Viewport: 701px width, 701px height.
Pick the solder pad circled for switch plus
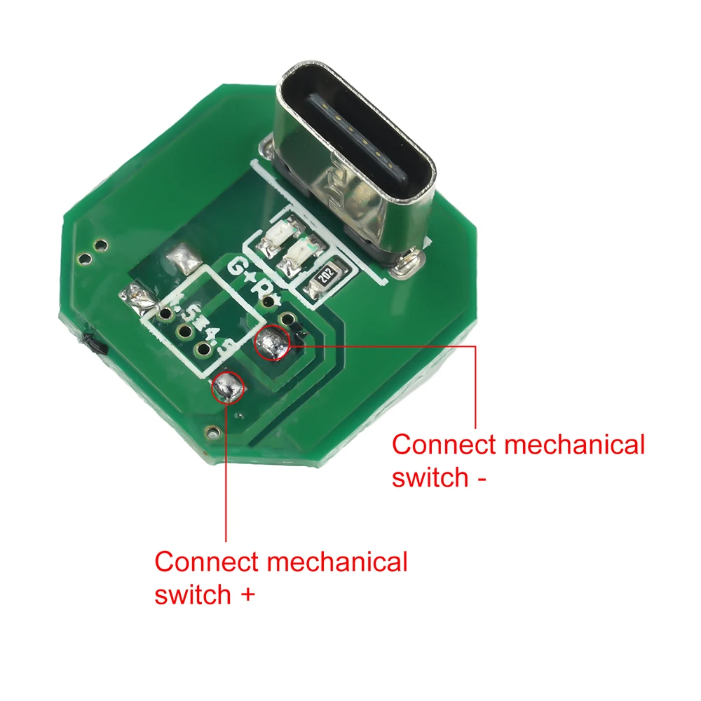pos(227,386)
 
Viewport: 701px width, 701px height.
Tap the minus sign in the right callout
pos(481,479)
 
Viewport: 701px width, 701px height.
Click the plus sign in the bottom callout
pos(246,596)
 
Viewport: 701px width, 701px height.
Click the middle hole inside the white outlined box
pos(184,332)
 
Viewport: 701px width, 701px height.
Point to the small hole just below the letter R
pos(284,320)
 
